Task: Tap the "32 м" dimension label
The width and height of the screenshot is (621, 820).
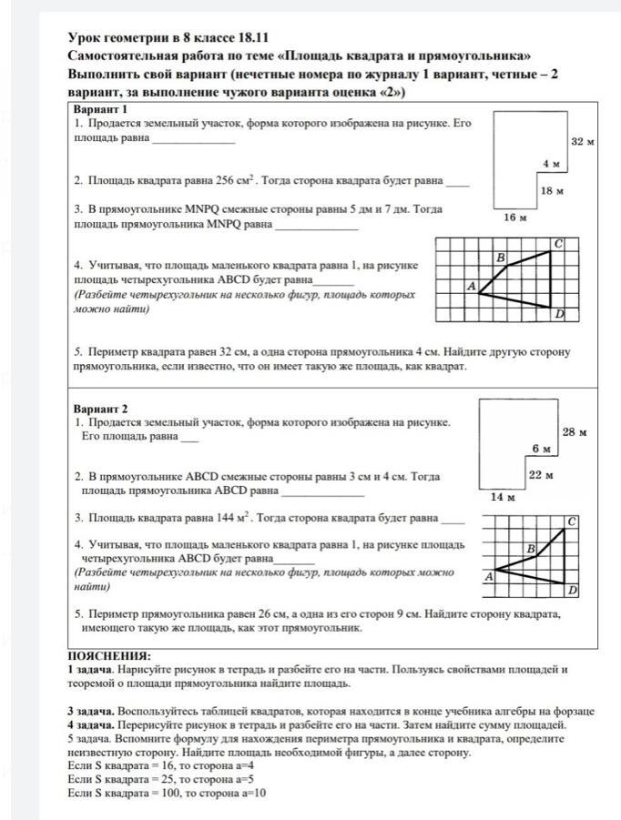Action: point(582,142)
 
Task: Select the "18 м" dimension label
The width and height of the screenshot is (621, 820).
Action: point(552,191)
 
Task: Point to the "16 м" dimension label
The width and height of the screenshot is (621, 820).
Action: point(515,218)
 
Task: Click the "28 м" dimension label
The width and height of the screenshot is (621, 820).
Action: point(575,431)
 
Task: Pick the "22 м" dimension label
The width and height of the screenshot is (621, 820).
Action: point(542,474)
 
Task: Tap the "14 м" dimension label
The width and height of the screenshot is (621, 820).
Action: point(503,497)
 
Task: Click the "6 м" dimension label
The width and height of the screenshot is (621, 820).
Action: point(542,449)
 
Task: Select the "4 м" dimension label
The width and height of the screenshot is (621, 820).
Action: point(551,164)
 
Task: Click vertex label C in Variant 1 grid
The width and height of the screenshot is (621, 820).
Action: point(559,244)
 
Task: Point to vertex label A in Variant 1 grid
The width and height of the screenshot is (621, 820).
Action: point(472,286)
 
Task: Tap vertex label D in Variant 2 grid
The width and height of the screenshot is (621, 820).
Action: point(573,591)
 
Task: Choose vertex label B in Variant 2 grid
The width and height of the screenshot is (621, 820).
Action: point(530,549)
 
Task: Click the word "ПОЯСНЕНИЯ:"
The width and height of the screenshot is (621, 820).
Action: point(109,655)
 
